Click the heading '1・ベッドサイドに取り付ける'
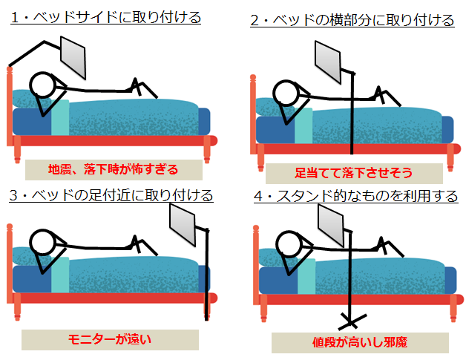(x=105, y=17)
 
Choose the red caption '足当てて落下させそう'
(x=353, y=173)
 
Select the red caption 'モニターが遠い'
(x=109, y=339)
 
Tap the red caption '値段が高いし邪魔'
(x=360, y=342)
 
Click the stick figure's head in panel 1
(x=44, y=85)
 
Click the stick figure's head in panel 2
(x=287, y=92)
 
